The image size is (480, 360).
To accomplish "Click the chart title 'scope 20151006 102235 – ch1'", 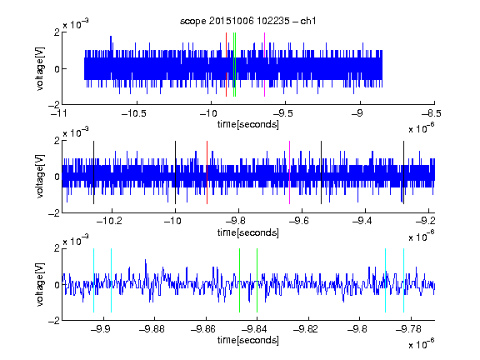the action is pos(248,21).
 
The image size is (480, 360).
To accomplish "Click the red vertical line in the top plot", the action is pos(226,65).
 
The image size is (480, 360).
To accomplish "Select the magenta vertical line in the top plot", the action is pos(264,65).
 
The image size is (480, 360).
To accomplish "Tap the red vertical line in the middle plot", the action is pos(207,172).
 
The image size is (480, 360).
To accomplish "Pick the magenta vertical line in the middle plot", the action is pos(290,172).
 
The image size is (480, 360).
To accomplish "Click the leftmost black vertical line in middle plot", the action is pos(93,172).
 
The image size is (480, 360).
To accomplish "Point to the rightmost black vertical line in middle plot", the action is pos(404,172).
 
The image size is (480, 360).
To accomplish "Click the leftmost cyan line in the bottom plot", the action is pos(93,280).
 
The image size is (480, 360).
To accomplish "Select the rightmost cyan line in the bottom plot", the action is pos(404,280).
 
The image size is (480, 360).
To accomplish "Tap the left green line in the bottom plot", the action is pos(239,280).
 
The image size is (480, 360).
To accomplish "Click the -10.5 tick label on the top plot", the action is pos(134,113).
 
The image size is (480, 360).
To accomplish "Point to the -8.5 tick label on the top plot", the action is pos(432,113).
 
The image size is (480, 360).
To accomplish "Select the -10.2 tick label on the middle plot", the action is pos(109,221).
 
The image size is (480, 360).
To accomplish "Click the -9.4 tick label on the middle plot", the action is pos(362,221).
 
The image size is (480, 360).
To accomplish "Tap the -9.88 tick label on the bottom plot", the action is pos(152,329).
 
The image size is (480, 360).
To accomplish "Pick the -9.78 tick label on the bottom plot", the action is pos(408,329).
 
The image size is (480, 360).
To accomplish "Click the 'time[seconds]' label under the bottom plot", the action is pos(248,340).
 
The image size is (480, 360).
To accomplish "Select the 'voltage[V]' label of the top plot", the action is pos(40,68).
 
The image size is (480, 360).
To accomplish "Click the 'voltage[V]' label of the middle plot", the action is pos(40,176).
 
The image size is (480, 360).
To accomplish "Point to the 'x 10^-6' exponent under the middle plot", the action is pos(422,237).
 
